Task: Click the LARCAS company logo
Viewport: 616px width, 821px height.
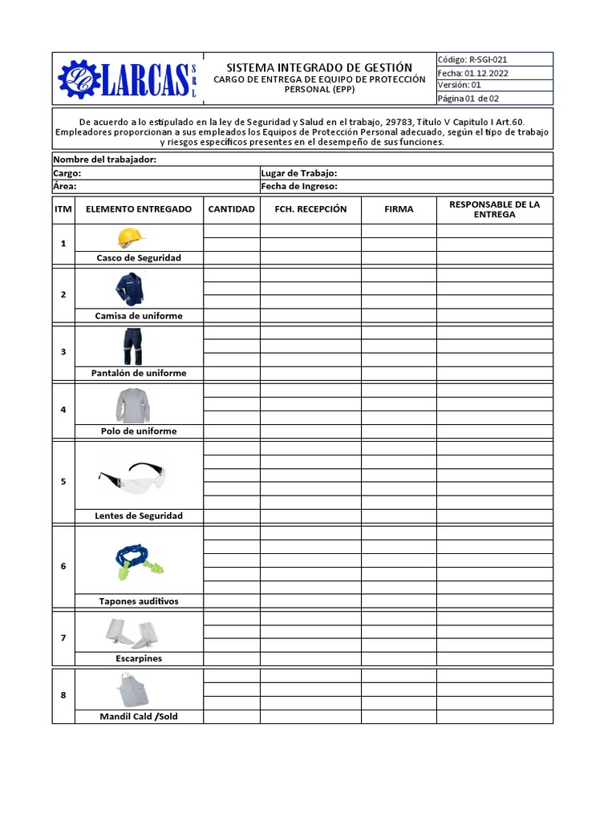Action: pyautogui.click(x=128, y=79)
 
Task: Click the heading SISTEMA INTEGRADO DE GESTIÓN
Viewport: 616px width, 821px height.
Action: pyautogui.click(x=319, y=67)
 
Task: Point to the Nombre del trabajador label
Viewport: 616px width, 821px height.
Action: pyautogui.click(x=104, y=160)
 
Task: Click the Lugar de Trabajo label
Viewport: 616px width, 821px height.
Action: pyautogui.click(x=298, y=173)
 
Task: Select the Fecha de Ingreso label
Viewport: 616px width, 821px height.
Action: pyautogui.click(x=298, y=186)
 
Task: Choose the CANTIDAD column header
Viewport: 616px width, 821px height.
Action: pyautogui.click(x=231, y=209)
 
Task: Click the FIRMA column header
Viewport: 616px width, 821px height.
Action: pyautogui.click(x=399, y=209)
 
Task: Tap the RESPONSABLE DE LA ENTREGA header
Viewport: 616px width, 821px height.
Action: pyautogui.click(x=494, y=209)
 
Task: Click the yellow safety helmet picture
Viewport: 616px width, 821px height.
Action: pyautogui.click(x=131, y=237)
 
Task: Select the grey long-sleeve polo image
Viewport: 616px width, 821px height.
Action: pyautogui.click(x=132, y=405)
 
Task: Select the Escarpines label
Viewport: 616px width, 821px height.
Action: pyautogui.click(x=139, y=658)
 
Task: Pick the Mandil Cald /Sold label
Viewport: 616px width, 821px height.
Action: pyautogui.click(x=139, y=716)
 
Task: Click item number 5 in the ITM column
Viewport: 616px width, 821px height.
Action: pyautogui.click(x=63, y=482)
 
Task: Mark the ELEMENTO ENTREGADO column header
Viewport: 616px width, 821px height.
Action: pyautogui.click(x=139, y=209)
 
